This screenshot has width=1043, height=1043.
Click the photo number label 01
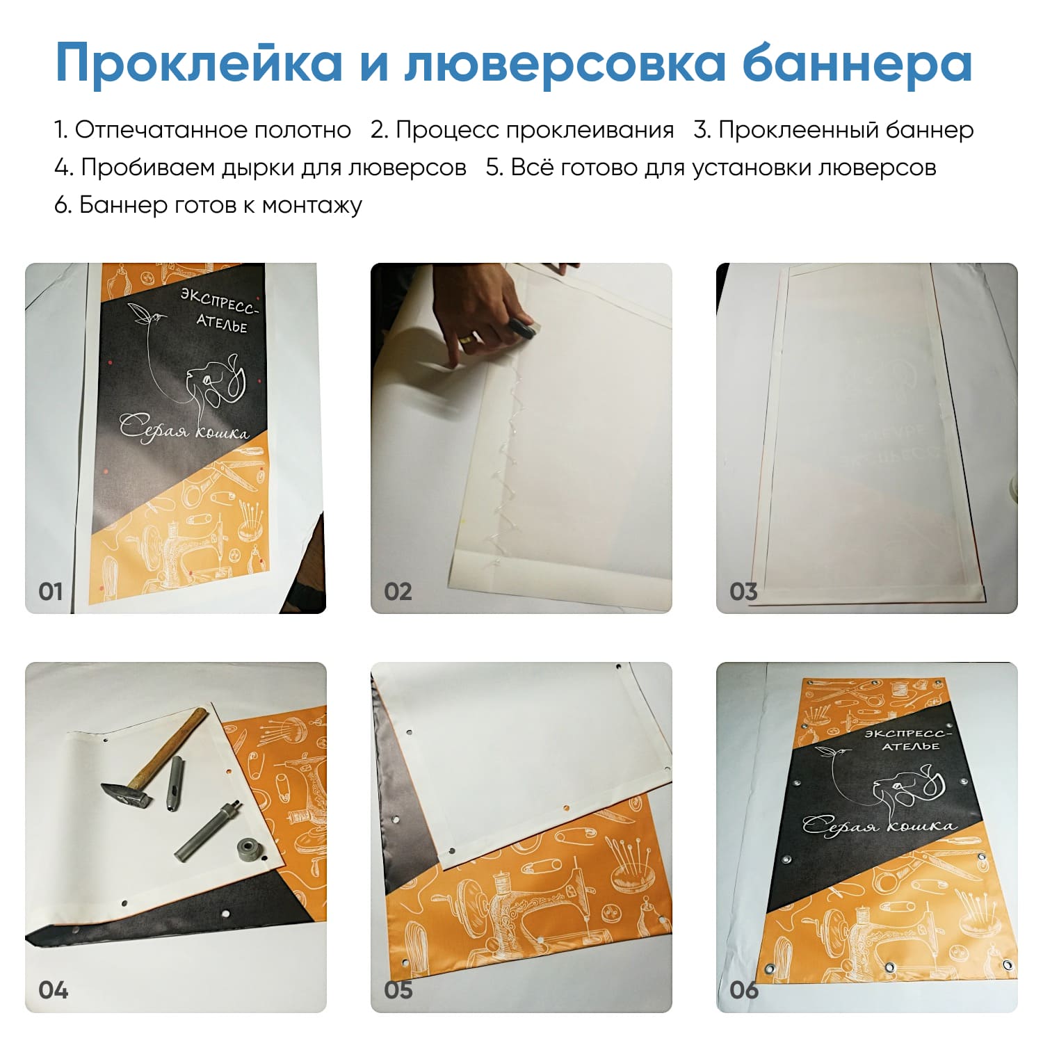pyautogui.click(x=51, y=592)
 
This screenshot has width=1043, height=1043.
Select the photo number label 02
pyautogui.click(x=398, y=592)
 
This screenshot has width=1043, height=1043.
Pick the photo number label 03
pyautogui.click(x=743, y=592)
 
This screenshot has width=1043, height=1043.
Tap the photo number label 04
pyautogui.click(x=53, y=989)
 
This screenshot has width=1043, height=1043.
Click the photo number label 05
pyautogui.click(x=398, y=989)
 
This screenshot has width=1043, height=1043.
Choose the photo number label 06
pyautogui.click(x=744, y=989)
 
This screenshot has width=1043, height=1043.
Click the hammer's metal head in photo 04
pyautogui.click(x=125, y=794)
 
